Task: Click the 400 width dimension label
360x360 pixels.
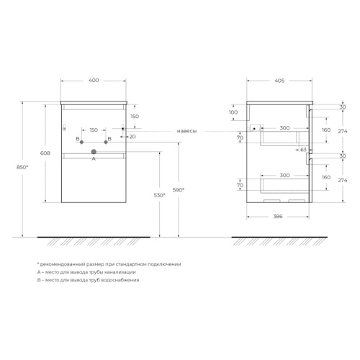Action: point(94,80)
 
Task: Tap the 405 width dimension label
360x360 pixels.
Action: point(279,81)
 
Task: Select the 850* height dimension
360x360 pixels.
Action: point(22,167)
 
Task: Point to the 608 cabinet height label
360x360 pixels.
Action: point(45,153)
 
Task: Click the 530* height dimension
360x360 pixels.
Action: point(159,195)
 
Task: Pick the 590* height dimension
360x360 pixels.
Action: point(179,190)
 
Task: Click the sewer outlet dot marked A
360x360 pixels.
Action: point(94,152)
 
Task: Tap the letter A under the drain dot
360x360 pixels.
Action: point(94,158)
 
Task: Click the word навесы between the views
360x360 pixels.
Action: point(186,131)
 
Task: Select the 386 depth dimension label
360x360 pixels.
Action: point(278,217)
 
